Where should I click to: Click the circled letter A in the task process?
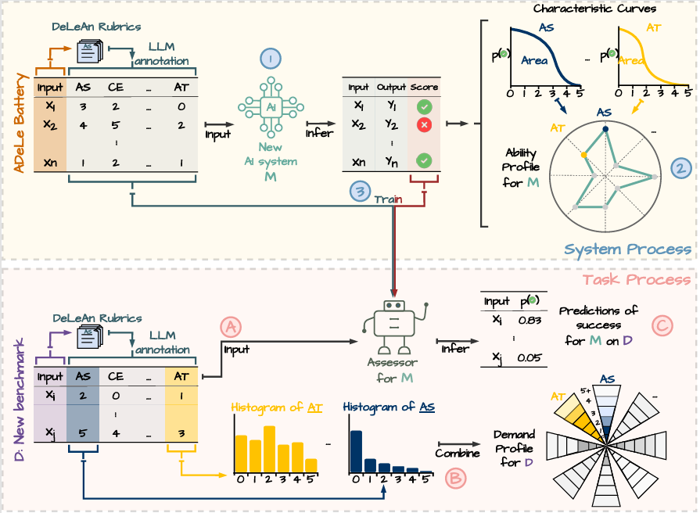pyautogui.click(x=229, y=327)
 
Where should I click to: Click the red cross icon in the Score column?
pyautogui.click(x=424, y=124)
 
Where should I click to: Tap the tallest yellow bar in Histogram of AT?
pyautogui.click(x=270, y=449)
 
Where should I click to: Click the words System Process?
pyautogui.click(x=627, y=249)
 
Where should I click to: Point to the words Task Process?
pyautogui.click(x=637, y=279)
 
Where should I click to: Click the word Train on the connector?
pyautogui.click(x=388, y=199)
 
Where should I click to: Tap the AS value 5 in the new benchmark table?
pyautogui.click(x=83, y=432)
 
